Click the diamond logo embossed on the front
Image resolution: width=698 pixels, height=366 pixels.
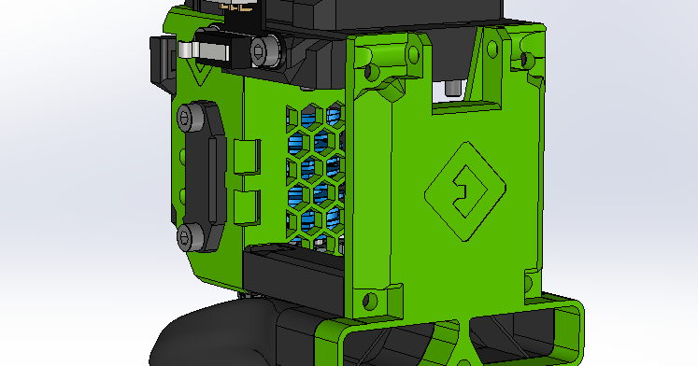click(x=464, y=194)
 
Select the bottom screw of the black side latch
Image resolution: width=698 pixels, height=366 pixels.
click(x=192, y=235)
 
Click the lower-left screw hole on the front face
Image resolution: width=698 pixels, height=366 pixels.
click(x=371, y=301)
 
